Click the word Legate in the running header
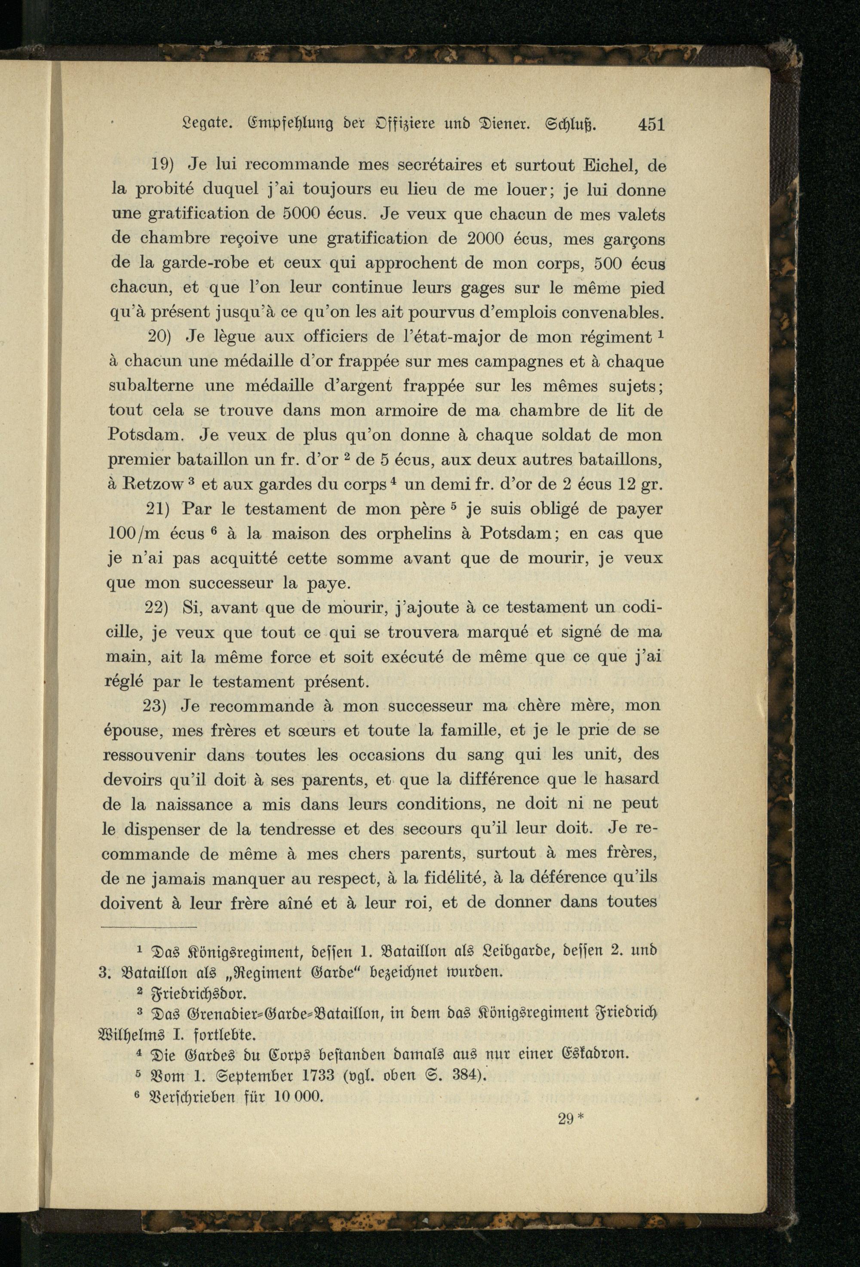click(x=202, y=126)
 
